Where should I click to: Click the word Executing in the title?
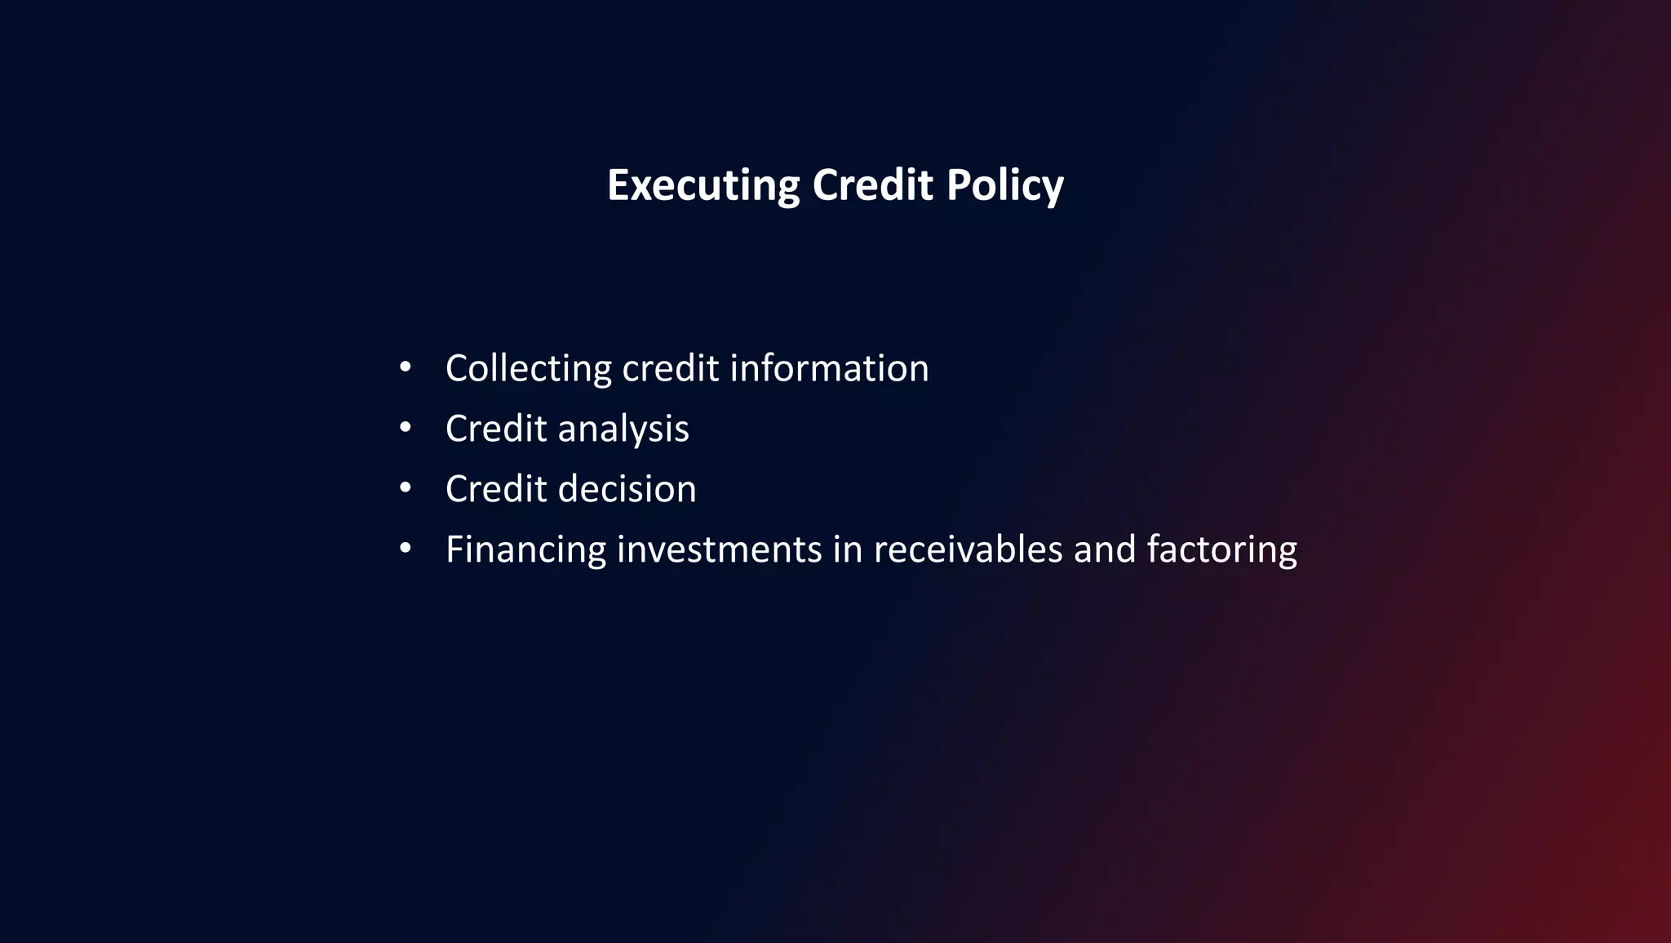(x=703, y=185)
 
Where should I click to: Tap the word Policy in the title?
(x=1004, y=185)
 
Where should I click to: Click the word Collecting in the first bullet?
(x=528, y=368)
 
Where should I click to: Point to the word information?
(x=829, y=368)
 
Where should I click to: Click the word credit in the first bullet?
(x=670, y=368)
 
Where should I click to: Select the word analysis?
(x=623, y=429)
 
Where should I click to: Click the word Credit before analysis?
(x=495, y=429)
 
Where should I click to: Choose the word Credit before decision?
(x=495, y=489)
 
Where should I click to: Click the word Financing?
(x=525, y=549)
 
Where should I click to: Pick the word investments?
(x=719, y=549)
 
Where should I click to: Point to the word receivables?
(x=968, y=549)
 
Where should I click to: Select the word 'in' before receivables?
(x=847, y=549)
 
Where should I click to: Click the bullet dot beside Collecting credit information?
(x=406, y=367)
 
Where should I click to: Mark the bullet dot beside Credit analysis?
(x=406, y=428)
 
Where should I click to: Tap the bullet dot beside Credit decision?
(x=406, y=488)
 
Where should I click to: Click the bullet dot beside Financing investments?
(x=406, y=549)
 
